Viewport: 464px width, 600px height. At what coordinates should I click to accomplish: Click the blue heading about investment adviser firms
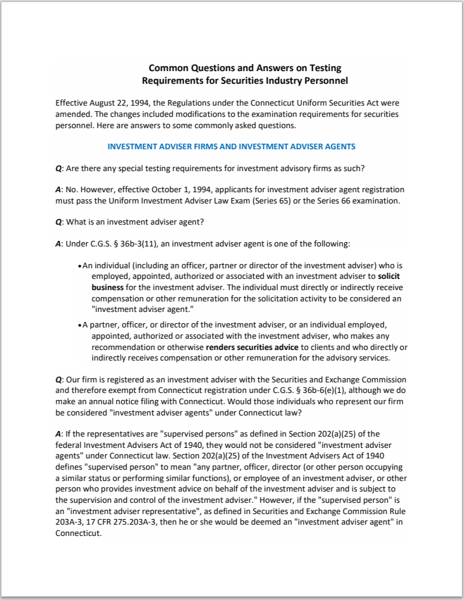pos(231,146)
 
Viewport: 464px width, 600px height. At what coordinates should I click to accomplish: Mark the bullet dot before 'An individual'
pos(79,266)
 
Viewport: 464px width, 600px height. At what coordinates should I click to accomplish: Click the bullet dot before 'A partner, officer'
pos(79,325)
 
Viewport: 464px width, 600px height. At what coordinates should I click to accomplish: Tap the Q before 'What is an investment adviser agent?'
pos(59,223)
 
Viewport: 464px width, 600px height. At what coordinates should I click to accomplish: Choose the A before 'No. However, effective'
pos(59,190)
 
